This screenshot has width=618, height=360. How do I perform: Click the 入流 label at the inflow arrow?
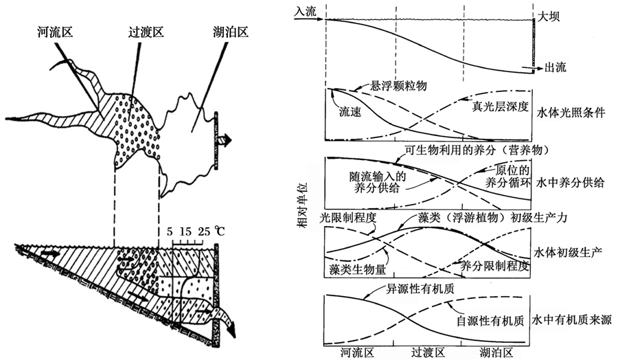306,11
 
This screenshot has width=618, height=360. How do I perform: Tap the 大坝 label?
548,16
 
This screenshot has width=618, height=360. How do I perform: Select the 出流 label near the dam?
556,67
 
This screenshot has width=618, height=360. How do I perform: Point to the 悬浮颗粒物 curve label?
398,86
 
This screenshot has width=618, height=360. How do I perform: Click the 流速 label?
350,113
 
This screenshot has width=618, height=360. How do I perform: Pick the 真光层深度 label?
500,106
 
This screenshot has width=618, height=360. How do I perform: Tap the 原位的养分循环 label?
507,177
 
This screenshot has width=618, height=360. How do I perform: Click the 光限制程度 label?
348,217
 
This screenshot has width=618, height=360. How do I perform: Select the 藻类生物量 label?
358,270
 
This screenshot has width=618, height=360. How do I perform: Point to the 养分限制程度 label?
494,266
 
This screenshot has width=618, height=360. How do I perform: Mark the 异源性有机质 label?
420,289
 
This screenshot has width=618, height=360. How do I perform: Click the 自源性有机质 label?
490,321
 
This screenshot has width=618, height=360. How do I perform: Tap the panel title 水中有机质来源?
571,319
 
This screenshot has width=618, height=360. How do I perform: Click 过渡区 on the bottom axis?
428,352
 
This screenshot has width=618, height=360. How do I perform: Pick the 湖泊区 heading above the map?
231,32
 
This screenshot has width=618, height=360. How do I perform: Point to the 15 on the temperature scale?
185,232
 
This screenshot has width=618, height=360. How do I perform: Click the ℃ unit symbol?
220,231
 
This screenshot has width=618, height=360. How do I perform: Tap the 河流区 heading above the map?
56,32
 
